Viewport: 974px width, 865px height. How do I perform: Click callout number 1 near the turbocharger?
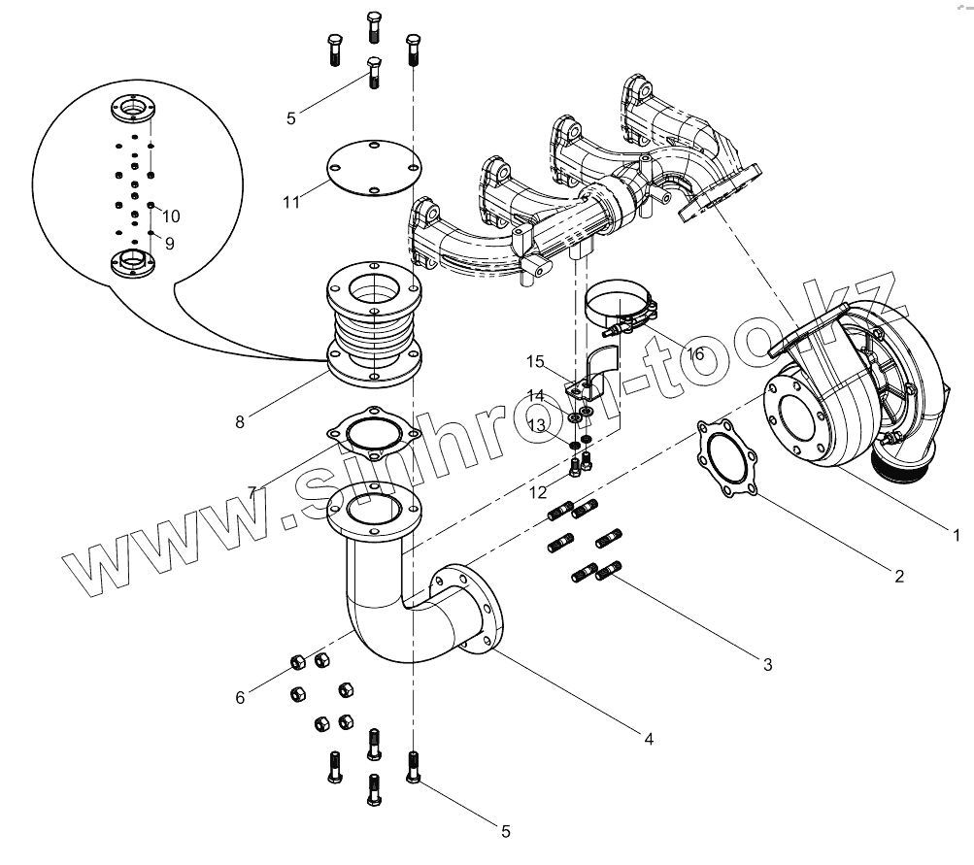pyautogui.click(x=955, y=534)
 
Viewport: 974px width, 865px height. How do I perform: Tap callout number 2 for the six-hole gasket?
pyautogui.click(x=899, y=576)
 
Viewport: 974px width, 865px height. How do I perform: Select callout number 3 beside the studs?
pyautogui.click(x=767, y=665)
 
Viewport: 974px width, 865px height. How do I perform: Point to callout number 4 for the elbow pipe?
pyautogui.click(x=648, y=739)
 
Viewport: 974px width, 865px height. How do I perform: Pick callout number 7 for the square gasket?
pyautogui.click(x=252, y=492)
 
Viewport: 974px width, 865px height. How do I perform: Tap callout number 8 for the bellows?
pyautogui.click(x=240, y=421)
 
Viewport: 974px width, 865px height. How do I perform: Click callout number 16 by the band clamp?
pyautogui.click(x=695, y=354)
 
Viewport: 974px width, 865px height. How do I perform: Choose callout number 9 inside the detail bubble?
pyautogui.click(x=169, y=244)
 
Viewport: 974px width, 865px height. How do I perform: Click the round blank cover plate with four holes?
pyautogui.click(x=369, y=170)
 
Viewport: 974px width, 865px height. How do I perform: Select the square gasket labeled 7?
pyautogui.click(x=365, y=433)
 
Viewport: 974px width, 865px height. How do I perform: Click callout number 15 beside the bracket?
pyautogui.click(x=537, y=362)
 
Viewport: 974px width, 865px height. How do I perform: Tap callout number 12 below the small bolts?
pyautogui.click(x=537, y=493)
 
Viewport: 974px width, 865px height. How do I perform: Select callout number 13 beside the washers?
pyautogui.click(x=537, y=425)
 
